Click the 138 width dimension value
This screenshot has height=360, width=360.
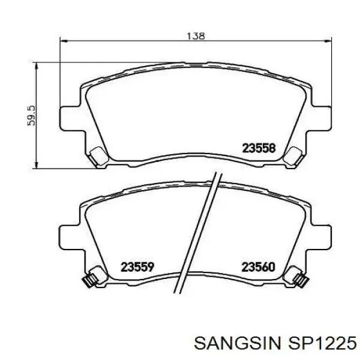[196, 36]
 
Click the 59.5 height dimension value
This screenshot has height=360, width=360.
[31, 115]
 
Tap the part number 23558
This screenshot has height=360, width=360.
[259, 148]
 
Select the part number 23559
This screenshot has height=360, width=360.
[137, 267]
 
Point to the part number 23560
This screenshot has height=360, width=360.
[258, 267]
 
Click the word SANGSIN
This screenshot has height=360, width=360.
[238, 343]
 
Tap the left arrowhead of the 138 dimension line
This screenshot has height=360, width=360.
[64, 41]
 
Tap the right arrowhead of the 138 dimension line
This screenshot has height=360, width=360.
[328, 41]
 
